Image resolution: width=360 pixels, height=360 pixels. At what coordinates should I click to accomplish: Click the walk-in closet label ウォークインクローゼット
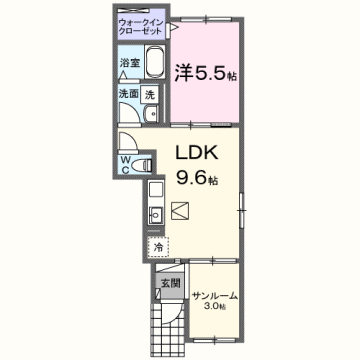[x=139, y=27]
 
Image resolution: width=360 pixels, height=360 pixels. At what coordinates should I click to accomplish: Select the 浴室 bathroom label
[x=130, y=63]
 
